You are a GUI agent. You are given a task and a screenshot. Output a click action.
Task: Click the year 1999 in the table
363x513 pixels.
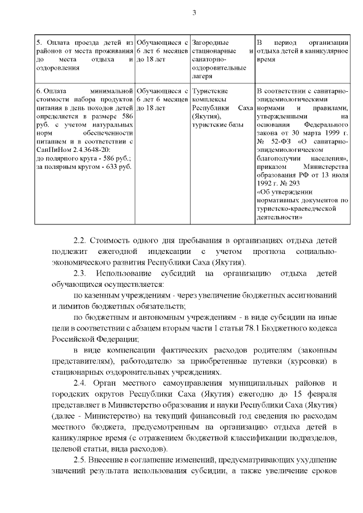click(330, 132)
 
